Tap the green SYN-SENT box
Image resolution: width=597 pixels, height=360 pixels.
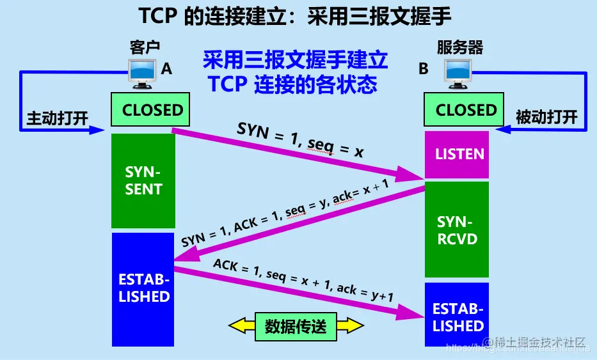(143, 181)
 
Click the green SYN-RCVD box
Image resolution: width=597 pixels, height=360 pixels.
(457, 230)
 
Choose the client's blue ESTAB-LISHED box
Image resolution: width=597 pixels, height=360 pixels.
(143, 288)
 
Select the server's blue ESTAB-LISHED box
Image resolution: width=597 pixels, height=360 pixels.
(457, 317)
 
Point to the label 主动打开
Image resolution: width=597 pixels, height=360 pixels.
(57, 118)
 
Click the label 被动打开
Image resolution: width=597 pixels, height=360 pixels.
(546, 118)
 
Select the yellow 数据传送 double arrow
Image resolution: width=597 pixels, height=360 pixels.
(296, 326)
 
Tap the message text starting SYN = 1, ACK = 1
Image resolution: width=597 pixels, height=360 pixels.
(285, 213)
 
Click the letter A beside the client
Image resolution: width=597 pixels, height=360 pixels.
(167, 69)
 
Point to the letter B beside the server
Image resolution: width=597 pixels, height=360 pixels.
(424, 69)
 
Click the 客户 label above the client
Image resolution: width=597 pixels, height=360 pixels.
(144, 47)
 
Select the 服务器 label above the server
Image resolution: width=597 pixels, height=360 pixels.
(460, 47)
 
